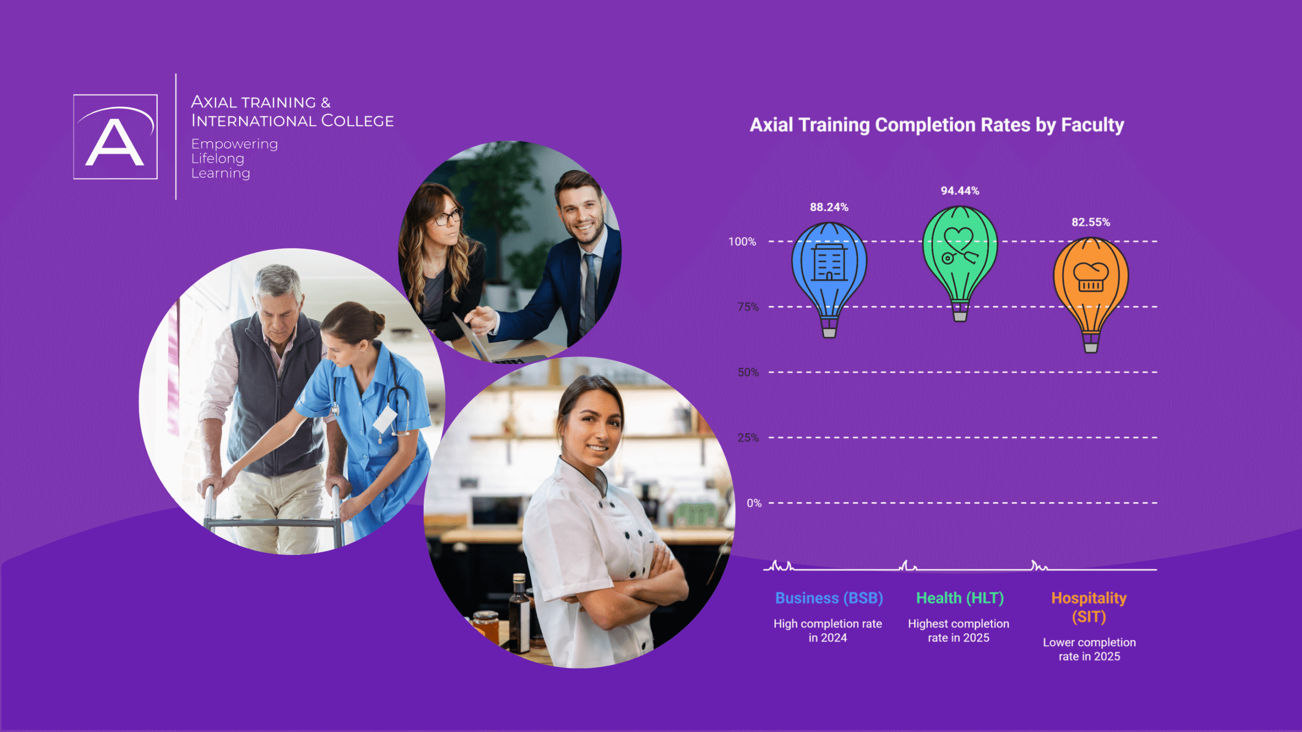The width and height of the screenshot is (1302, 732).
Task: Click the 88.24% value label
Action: (x=829, y=207)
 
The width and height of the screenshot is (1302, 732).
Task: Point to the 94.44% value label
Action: (x=960, y=191)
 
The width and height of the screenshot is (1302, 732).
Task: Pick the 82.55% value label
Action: (x=1091, y=222)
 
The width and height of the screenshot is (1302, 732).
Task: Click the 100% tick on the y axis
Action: (x=742, y=241)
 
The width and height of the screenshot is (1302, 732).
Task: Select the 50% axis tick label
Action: (x=748, y=372)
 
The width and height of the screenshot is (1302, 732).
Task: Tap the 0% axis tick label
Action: (x=754, y=503)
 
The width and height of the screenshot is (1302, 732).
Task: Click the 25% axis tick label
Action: (x=748, y=438)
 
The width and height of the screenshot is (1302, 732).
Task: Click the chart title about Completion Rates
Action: (x=937, y=125)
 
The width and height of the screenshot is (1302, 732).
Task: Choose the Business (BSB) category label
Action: (x=829, y=598)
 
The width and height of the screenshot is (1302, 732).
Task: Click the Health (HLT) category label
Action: (x=960, y=598)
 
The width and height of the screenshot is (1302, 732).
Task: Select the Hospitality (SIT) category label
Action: (x=1089, y=607)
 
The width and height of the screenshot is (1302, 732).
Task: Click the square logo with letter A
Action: (x=115, y=137)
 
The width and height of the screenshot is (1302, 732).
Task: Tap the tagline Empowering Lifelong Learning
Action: (x=234, y=159)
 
